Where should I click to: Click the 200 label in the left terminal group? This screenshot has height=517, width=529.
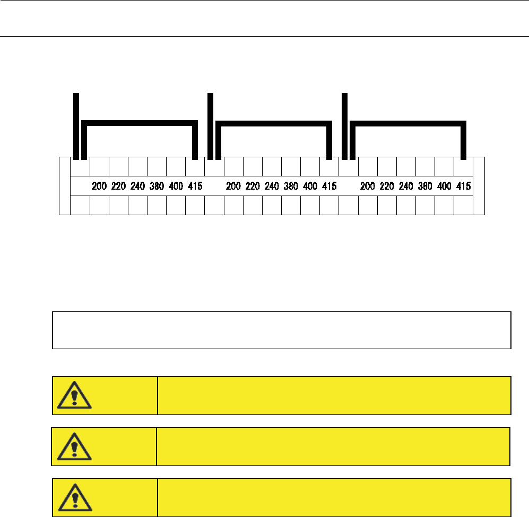pyautogui.click(x=99, y=187)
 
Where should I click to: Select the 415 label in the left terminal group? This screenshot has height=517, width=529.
pyautogui.click(x=195, y=187)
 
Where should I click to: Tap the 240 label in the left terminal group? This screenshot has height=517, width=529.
pyautogui.click(x=137, y=187)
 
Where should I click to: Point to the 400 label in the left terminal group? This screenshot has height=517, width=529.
pyautogui.click(x=176, y=187)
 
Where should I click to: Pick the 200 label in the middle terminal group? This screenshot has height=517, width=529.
pyautogui.click(x=233, y=187)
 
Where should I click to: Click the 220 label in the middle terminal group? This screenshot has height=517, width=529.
pyautogui.click(x=253, y=187)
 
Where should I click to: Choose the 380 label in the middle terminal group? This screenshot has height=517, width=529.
pyautogui.click(x=291, y=187)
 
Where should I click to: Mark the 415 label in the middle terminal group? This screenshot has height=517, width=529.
pyautogui.click(x=329, y=187)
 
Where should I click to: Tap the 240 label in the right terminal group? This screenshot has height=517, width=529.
pyautogui.click(x=406, y=187)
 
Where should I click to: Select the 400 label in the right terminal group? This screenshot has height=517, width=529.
pyautogui.click(x=444, y=187)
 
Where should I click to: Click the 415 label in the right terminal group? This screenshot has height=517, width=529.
pyautogui.click(x=463, y=187)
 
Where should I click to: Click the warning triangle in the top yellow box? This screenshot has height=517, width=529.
pyautogui.click(x=75, y=396)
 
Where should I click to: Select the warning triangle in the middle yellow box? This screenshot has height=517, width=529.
pyautogui.click(x=74, y=447)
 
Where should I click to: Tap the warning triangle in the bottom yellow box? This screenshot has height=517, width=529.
pyautogui.click(x=75, y=498)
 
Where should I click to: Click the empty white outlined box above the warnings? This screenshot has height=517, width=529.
pyautogui.click(x=281, y=330)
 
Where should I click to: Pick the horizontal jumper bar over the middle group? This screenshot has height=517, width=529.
pyautogui.click(x=274, y=123)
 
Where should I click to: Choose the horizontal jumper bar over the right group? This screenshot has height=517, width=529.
pyautogui.click(x=408, y=123)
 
